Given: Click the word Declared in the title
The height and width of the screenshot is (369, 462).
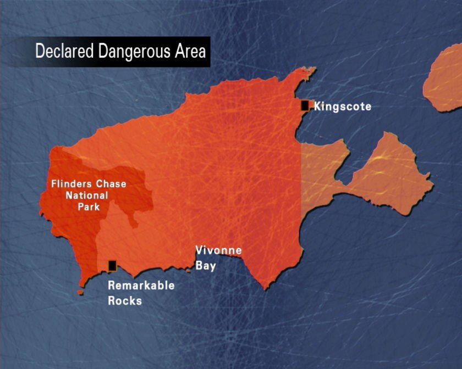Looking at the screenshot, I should (58, 52).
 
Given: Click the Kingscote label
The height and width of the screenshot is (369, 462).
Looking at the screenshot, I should (342, 107).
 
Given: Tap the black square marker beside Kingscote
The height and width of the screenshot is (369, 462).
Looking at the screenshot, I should (305, 105).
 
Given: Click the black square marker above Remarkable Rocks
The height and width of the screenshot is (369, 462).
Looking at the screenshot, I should (112, 266).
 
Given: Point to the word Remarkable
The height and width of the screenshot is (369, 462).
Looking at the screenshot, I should (141, 286).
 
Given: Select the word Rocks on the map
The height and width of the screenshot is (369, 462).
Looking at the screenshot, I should (124, 300).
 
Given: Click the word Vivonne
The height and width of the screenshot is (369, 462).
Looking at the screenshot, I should (218, 251).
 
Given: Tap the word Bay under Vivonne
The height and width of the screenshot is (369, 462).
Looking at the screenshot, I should (206, 266).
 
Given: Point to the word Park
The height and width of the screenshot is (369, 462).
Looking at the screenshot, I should (89, 206).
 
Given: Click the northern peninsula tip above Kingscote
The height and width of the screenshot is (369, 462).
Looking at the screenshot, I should (308, 71).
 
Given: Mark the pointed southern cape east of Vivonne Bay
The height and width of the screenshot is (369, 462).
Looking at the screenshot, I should (267, 286).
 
